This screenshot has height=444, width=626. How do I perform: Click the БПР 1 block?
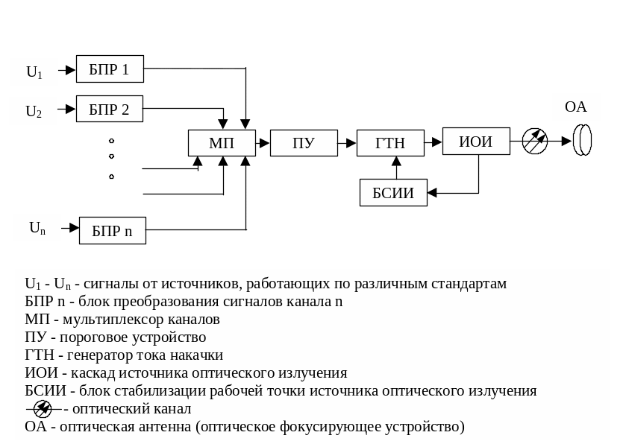(110, 70)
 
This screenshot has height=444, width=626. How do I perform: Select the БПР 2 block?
(110, 110)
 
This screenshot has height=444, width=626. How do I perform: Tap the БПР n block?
(112, 231)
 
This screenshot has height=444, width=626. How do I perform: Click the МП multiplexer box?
(221, 142)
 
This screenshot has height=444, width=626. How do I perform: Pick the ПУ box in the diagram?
(303, 142)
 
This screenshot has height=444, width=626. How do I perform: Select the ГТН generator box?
(390, 142)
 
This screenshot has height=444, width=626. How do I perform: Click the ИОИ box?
(475, 141)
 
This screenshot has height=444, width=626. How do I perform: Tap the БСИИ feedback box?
(392, 193)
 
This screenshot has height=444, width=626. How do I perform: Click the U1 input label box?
(34, 72)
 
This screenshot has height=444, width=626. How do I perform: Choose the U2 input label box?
(34, 112)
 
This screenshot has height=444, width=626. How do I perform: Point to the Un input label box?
(37, 228)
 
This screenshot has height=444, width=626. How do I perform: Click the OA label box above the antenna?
(575, 107)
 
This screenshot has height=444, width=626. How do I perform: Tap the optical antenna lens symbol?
(582, 140)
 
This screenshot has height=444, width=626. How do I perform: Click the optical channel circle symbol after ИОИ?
(534, 140)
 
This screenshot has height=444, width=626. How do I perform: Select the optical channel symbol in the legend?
(43, 409)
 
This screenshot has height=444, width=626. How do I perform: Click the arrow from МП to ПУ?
(263, 141)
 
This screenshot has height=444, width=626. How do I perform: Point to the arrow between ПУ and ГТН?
(347, 141)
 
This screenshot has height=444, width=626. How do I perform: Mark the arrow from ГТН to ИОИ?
(433, 141)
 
